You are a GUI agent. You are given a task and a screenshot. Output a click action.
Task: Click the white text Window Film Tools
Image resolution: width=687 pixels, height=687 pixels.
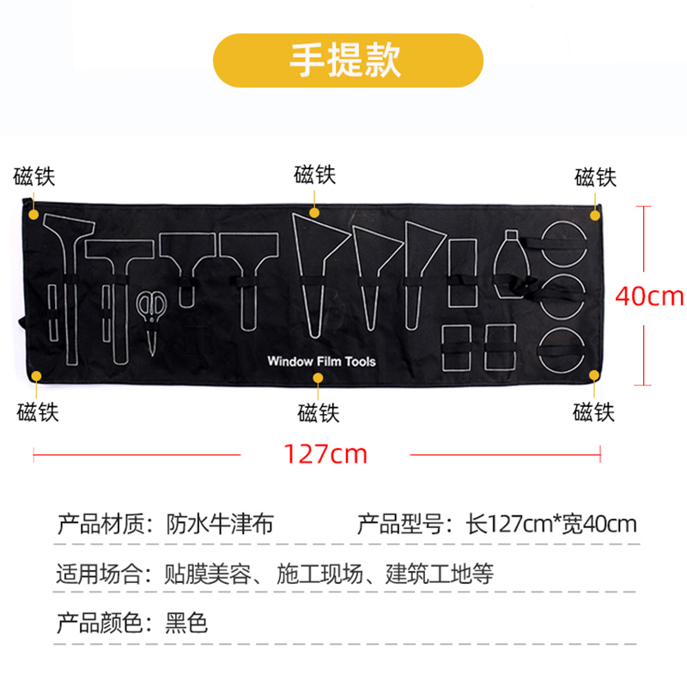pos(321,362)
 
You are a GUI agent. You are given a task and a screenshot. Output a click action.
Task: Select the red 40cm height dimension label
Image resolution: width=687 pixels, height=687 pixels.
pos(649,296)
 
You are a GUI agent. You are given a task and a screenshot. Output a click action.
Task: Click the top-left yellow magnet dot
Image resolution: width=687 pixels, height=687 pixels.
pos(34,212)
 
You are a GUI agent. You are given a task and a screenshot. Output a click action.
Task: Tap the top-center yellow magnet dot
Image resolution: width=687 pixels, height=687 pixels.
pos(315,212)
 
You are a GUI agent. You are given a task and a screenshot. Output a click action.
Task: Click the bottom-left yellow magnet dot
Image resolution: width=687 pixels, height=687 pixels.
pos(37,374)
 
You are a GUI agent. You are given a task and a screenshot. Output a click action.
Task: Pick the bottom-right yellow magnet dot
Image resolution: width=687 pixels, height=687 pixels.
pos(594,374)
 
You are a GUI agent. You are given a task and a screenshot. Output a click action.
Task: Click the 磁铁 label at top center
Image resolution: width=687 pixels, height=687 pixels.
pos(315,176)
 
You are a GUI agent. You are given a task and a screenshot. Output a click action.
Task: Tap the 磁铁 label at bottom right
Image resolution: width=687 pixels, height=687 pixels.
pos(594,411)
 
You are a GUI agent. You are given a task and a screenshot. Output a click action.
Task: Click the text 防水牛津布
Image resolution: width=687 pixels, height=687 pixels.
pos(220,523)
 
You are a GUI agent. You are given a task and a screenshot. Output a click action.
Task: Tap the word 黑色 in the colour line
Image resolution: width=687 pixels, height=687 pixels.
pos(186,622)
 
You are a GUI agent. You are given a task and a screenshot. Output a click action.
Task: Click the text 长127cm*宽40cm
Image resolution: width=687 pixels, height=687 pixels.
pos(550,523)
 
